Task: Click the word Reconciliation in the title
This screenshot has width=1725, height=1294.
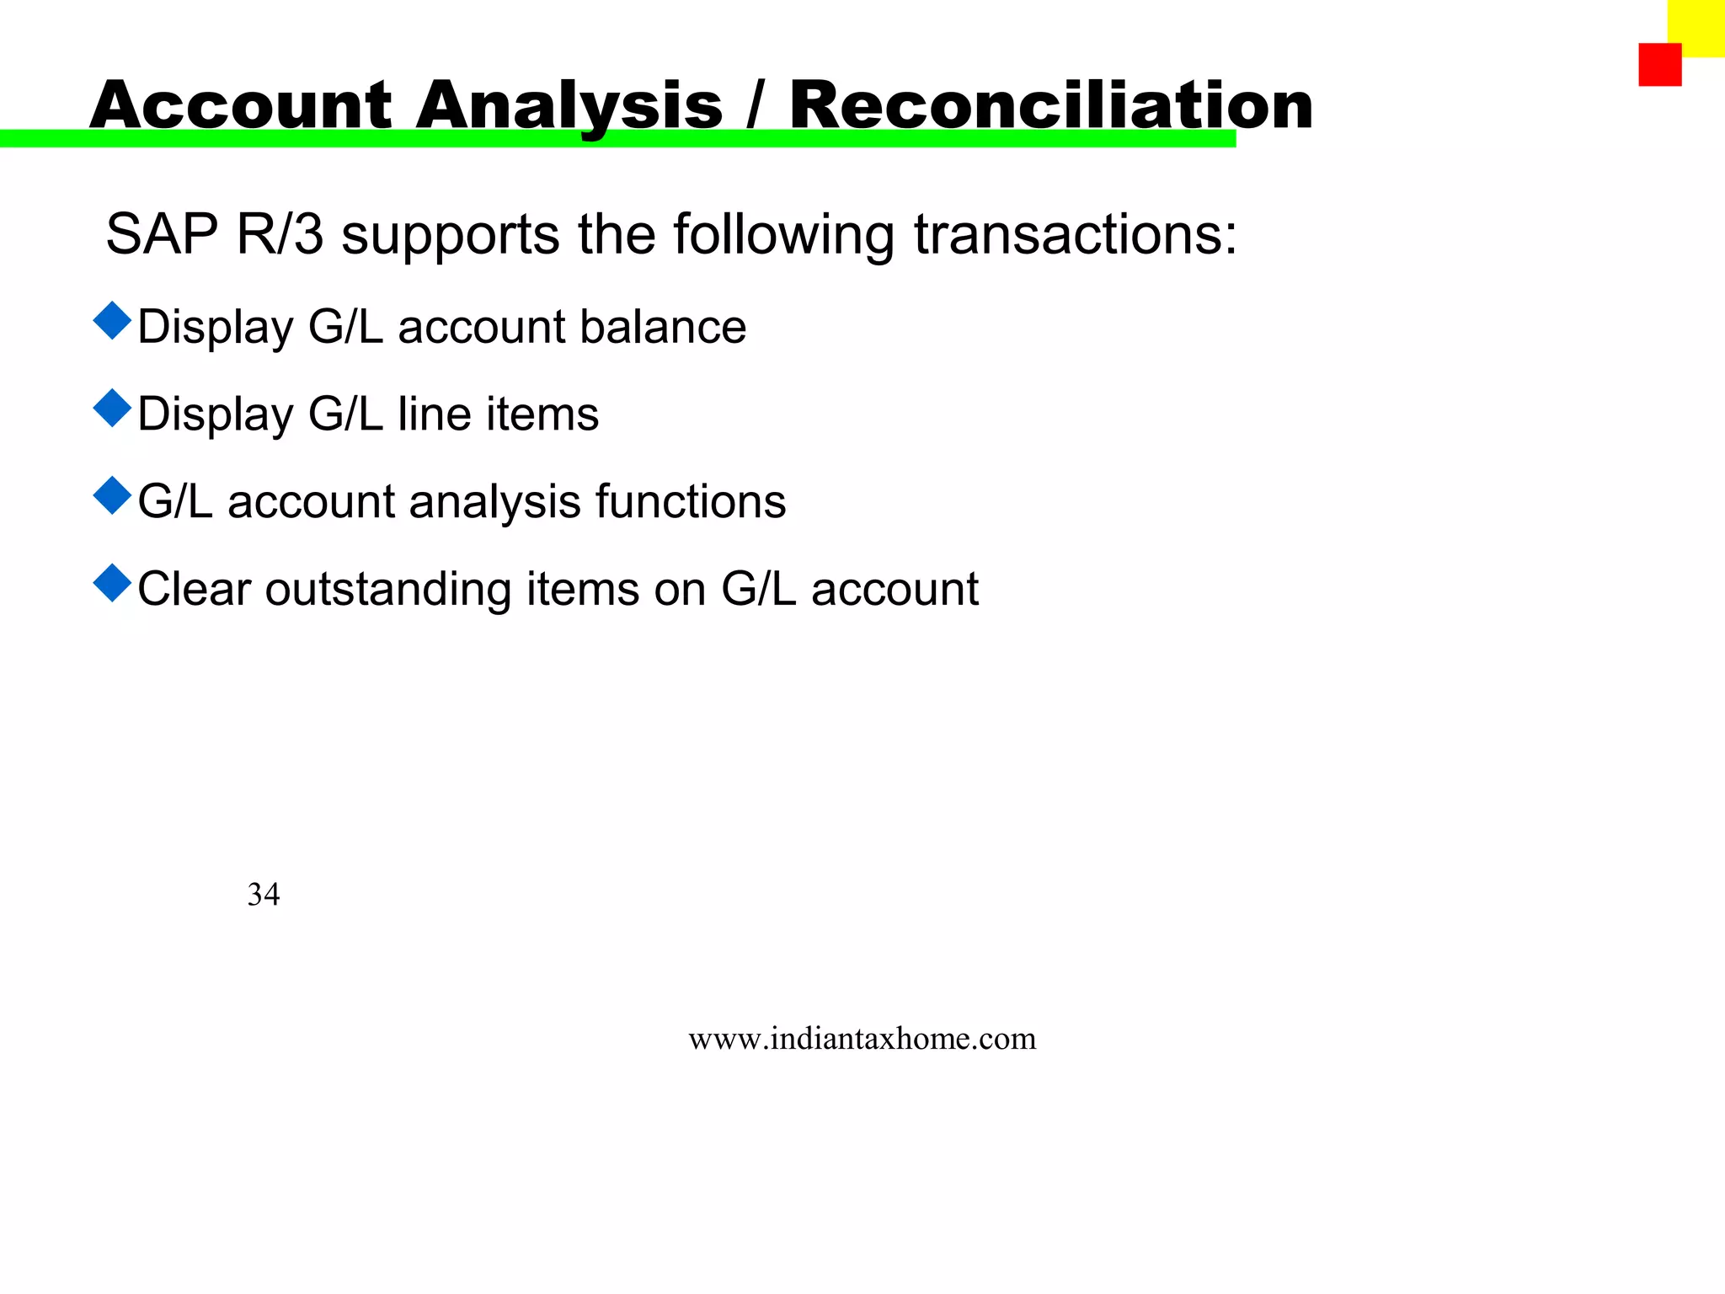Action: tap(1050, 105)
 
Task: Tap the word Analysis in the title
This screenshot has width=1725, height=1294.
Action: tap(569, 105)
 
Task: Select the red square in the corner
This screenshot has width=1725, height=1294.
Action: tap(1659, 65)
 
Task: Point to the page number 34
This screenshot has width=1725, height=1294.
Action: tap(264, 894)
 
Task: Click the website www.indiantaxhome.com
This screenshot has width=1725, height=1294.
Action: tap(862, 1039)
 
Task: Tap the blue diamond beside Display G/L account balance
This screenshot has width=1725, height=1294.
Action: tap(112, 321)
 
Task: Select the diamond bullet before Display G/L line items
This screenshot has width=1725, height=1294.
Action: tap(112, 409)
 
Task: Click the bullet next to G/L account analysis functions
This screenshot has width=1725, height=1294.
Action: tap(112, 495)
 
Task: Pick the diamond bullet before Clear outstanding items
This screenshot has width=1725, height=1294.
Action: tap(112, 583)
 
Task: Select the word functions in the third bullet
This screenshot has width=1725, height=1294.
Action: tap(691, 502)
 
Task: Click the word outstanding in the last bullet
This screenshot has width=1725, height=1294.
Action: tap(388, 589)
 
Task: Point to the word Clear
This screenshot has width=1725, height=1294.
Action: tap(195, 589)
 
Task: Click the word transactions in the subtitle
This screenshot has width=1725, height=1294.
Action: tap(1076, 233)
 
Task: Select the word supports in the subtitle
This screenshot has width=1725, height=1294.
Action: tap(450, 235)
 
